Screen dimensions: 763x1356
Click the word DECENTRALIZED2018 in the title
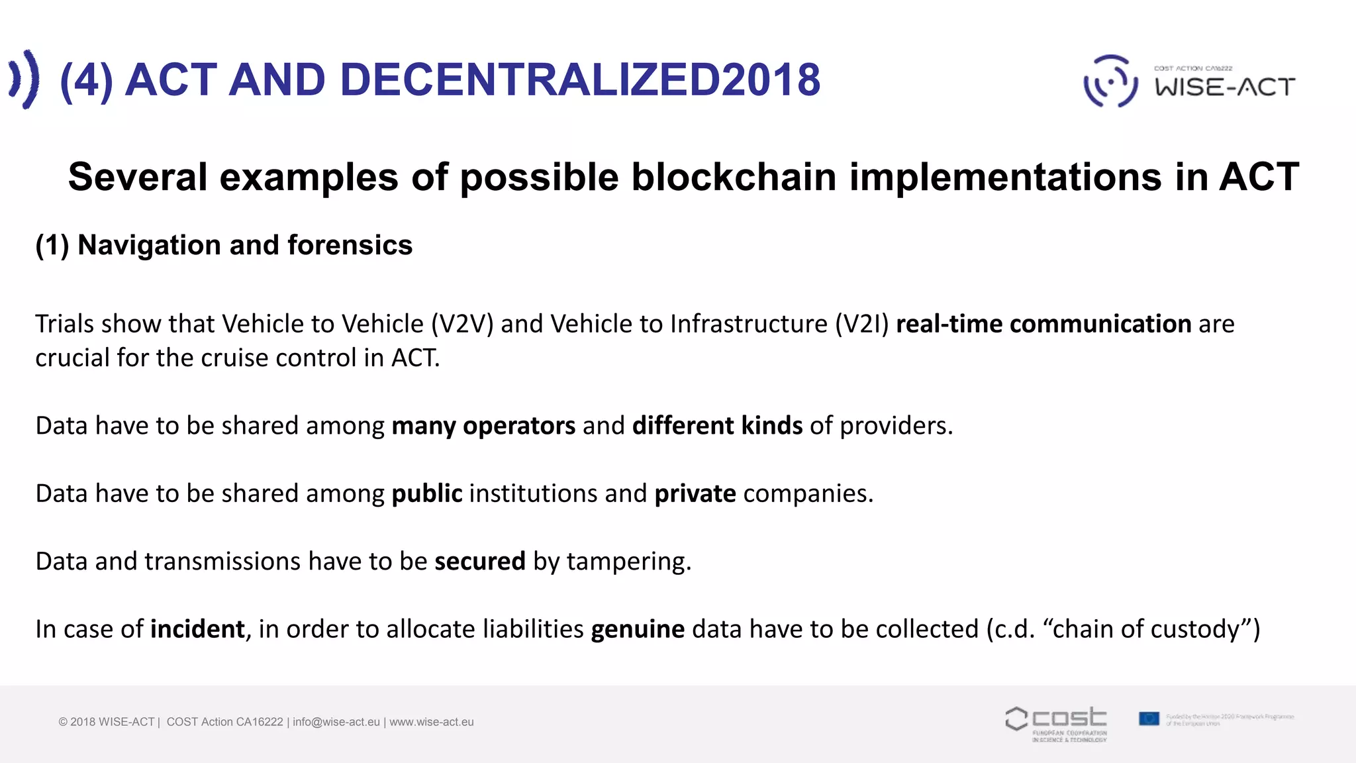point(580,80)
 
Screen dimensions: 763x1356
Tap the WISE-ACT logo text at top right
point(1225,87)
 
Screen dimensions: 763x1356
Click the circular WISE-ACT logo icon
point(1110,81)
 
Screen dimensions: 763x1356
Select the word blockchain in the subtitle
point(734,178)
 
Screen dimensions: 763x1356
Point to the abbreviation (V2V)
point(462,324)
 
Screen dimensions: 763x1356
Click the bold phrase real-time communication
point(1043,324)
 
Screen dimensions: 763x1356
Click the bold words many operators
point(483,426)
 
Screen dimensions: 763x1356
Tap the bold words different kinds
point(717,426)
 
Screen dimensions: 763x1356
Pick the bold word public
point(427,494)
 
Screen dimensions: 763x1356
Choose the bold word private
point(695,494)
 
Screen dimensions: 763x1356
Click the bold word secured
point(480,562)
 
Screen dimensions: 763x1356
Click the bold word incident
point(197,629)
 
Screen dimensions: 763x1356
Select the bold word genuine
point(638,629)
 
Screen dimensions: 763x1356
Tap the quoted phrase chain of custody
point(1145,629)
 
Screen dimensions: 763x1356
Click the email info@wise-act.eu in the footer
point(336,722)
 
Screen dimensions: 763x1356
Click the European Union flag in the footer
point(1149,719)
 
